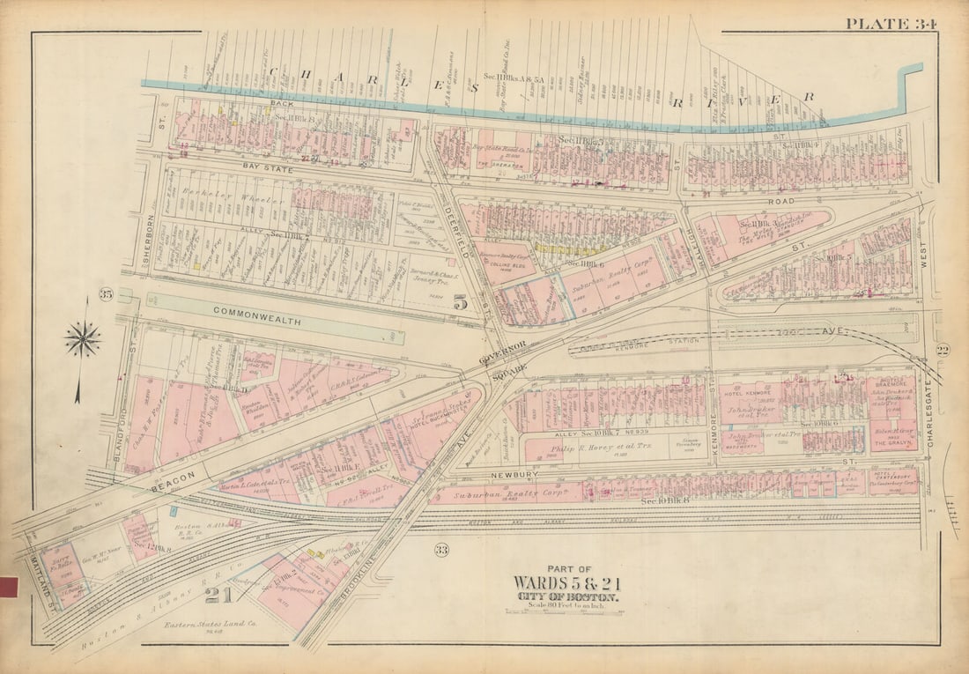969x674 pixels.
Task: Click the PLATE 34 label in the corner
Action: coord(891,24)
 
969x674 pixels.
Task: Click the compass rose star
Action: coord(82,339)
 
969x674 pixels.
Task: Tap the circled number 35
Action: coord(107,293)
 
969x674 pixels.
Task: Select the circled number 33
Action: coord(441,551)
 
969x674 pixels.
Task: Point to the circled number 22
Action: coord(943,351)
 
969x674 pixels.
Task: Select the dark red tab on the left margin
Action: coord(9,587)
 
